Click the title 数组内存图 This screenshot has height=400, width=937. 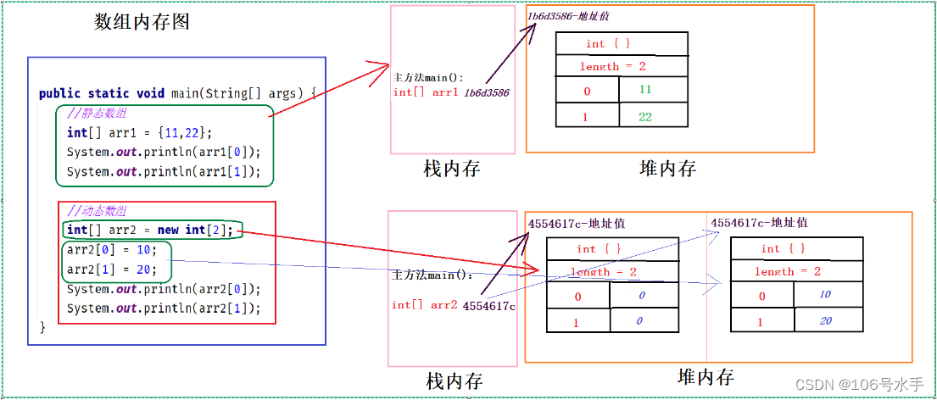click(142, 23)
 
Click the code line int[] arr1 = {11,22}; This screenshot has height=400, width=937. click(140, 132)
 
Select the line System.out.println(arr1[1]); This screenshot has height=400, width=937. click(164, 172)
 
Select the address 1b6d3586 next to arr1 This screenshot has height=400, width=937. click(487, 92)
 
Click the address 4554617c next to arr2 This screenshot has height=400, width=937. click(489, 305)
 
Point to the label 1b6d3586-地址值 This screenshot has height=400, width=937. click(568, 15)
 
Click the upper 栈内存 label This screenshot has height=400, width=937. click(452, 169)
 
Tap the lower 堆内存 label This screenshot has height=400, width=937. click(706, 376)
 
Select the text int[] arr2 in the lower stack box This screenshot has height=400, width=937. click(425, 305)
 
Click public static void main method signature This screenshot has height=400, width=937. click(178, 92)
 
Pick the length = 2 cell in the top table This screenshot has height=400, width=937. click(611, 66)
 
